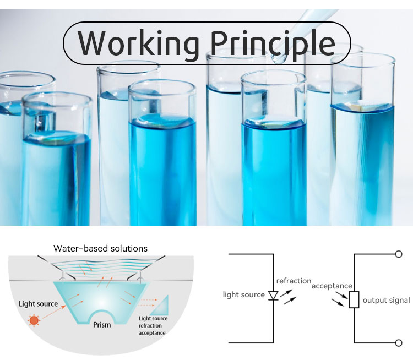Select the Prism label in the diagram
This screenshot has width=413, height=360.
(102, 325)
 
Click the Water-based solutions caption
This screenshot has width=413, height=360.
(100, 248)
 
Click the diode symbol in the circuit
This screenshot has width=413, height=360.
(273, 296)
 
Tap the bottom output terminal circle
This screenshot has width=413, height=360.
(399, 343)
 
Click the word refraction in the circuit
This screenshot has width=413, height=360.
(294, 281)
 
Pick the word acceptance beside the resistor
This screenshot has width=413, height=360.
(332, 286)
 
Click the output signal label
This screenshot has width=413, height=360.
(386, 300)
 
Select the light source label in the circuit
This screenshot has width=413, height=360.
(243, 295)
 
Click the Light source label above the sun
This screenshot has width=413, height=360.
(38, 303)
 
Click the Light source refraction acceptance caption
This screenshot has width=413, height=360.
(153, 325)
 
